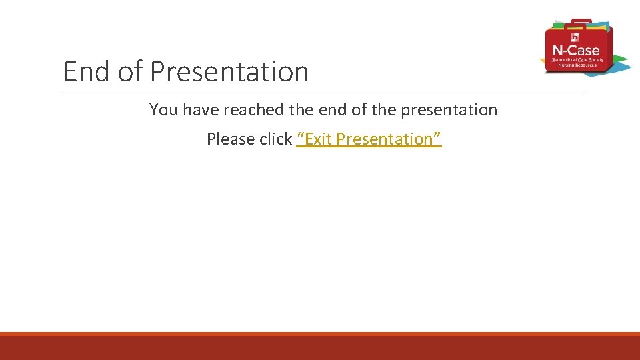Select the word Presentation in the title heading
tap(229, 71)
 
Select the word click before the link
tap(276, 139)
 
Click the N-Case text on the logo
tap(576, 50)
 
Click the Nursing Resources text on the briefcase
tap(577, 65)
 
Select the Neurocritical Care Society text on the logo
tap(577, 60)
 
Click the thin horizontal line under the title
tap(324, 91)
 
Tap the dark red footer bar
tap(320, 348)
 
